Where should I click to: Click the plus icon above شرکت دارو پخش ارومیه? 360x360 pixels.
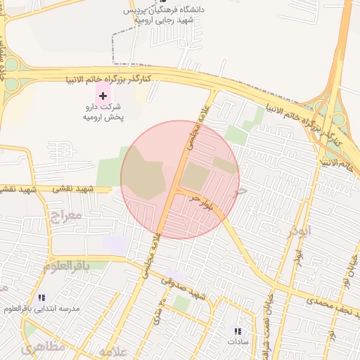(x=103, y=95)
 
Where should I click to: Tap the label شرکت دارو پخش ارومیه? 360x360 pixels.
(x=103, y=112)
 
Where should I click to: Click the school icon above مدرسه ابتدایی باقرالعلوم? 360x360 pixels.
(x=41, y=297)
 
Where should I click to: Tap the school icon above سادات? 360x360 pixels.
(x=238, y=330)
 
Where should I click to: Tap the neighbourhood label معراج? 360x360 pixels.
(x=67, y=215)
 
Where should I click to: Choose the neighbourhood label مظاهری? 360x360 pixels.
(x=43, y=347)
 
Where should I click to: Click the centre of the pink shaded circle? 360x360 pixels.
(x=180, y=179)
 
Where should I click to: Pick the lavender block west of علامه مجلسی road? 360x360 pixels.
(x=115, y=245)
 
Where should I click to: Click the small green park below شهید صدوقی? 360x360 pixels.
(x=182, y=303)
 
